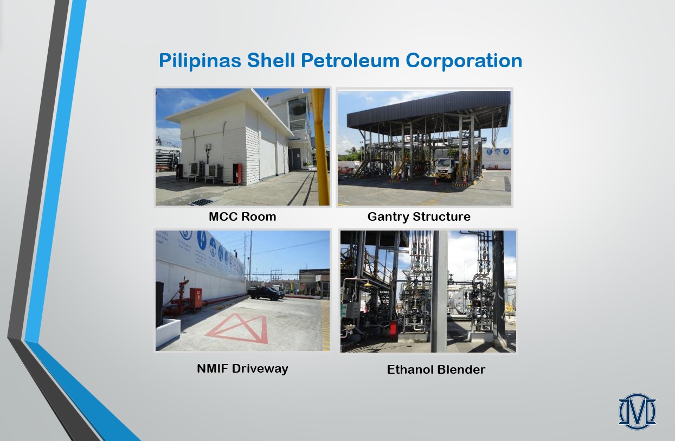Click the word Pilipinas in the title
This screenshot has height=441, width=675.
(x=200, y=61)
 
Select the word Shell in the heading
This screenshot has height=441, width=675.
(x=271, y=60)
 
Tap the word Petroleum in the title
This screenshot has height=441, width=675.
(x=350, y=60)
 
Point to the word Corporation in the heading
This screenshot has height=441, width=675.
(x=464, y=61)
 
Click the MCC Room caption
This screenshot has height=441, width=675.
(x=242, y=217)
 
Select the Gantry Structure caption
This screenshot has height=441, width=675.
(x=419, y=217)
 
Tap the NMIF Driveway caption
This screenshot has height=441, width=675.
(x=242, y=369)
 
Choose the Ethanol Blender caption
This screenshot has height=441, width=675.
(x=436, y=369)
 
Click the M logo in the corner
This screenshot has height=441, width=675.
(x=637, y=412)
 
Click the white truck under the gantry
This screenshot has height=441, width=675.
(x=445, y=170)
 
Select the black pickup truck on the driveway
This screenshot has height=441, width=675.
(x=266, y=293)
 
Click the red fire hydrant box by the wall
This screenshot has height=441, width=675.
(x=196, y=297)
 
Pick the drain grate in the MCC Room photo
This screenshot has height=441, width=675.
(x=201, y=202)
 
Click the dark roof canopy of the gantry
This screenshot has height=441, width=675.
(x=428, y=109)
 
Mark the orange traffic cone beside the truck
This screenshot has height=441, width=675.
(x=435, y=182)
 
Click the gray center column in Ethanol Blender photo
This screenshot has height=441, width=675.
(x=439, y=291)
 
